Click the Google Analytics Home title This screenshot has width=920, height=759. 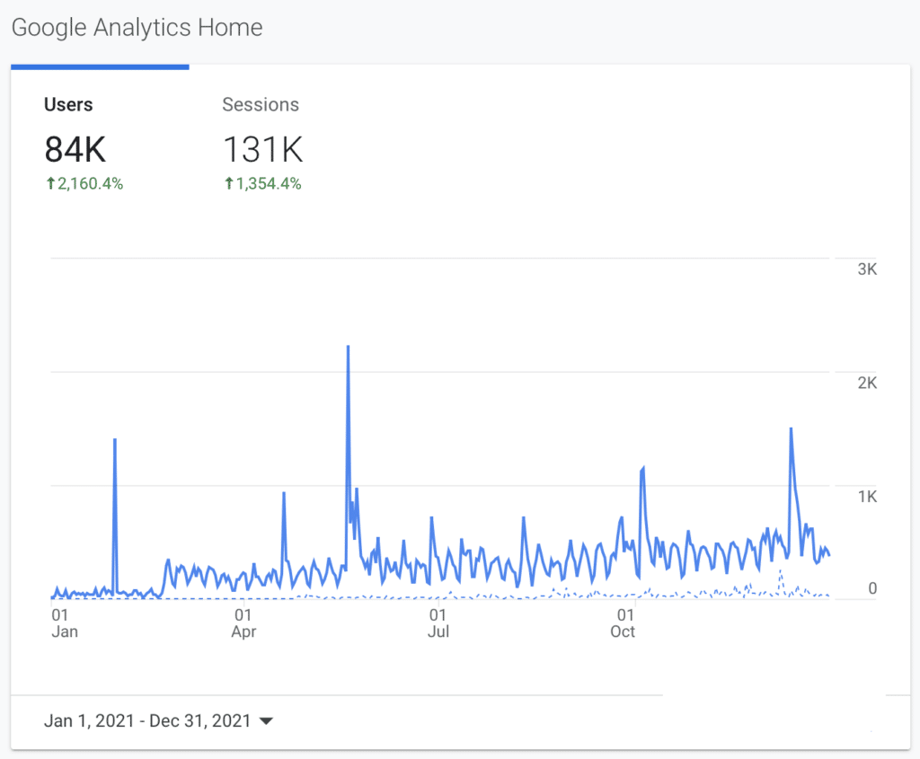(x=137, y=28)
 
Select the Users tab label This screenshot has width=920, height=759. (x=68, y=104)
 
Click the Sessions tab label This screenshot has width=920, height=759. (x=261, y=104)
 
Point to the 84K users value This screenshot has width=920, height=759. (x=75, y=149)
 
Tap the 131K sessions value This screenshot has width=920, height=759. (x=263, y=149)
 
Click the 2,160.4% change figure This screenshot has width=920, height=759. (x=91, y=183)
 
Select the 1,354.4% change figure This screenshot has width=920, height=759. (x=269, y=183)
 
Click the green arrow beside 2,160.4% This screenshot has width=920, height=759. (x=51, y=183)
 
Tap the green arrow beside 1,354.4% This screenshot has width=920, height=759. (x=229, y=183)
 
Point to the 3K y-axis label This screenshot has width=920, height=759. (x=867, y=269)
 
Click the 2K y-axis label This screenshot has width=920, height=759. (x=867, y=383)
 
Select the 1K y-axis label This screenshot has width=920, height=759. (x=867, y=497)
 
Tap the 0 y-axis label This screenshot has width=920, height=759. (x=872, y=588)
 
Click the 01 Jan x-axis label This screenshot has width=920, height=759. (x=65, y=623)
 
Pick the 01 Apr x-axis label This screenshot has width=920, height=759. (x=243, y=623)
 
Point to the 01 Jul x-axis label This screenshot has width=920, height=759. (x=438, y=623)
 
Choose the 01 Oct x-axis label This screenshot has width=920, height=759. (x=624, y=623)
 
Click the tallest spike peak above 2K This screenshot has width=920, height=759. (x=348, y=346)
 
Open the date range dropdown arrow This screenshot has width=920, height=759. (x=266, y=721)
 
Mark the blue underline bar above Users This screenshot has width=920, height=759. (x=100, y=67)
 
